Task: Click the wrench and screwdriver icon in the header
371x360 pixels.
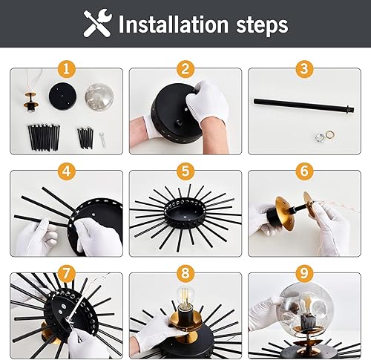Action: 97,24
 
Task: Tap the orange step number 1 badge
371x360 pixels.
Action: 68,69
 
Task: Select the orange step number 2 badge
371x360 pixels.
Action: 185,69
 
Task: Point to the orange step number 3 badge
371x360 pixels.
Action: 303,69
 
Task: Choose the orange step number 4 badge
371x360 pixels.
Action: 68,172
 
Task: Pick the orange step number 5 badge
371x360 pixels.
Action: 185,172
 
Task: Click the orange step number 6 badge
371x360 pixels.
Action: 303,172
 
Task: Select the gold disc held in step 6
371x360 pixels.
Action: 312,205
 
